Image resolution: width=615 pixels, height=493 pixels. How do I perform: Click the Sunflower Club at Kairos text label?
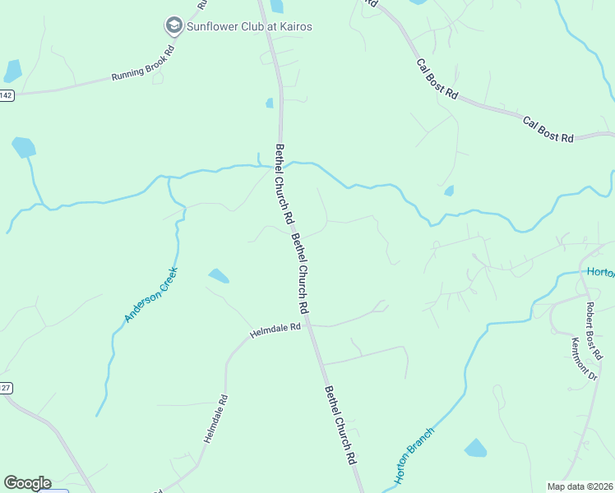pos(249,26)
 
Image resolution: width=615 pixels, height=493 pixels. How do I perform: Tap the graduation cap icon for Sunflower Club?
pos(173,26)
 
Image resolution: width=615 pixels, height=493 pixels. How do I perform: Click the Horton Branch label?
pos(414,454)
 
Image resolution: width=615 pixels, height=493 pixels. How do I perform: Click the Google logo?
pos(27,483)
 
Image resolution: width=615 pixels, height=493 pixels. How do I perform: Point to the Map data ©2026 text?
pos(580,486)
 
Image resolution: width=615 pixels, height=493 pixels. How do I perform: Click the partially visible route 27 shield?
pos(5,389)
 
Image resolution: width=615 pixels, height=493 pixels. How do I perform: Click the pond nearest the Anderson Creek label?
pos(219,276)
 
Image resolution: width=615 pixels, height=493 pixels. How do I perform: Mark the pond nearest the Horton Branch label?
pos(475,448)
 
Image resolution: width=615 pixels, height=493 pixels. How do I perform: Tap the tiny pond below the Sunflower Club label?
pos(270,103)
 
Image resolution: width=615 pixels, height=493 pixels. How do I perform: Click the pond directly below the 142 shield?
pos(24,148)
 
